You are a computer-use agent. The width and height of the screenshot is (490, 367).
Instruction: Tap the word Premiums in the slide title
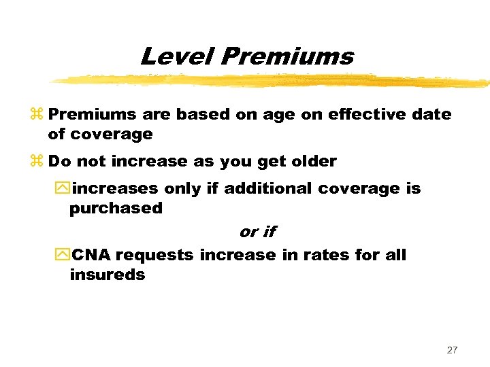point(286,56)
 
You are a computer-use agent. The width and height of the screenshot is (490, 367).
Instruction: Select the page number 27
point(452,350)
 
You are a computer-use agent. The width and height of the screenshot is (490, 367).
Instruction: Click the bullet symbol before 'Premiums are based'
point(38,115)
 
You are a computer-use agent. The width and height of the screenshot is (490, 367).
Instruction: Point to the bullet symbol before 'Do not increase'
point(38,162)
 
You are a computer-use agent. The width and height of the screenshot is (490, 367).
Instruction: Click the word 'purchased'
point(116,209)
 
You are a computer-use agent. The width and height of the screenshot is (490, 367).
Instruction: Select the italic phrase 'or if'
point(257,232)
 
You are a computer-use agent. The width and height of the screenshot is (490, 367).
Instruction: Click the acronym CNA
point(92,256)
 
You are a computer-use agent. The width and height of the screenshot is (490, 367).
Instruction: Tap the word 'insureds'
point(107,275)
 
